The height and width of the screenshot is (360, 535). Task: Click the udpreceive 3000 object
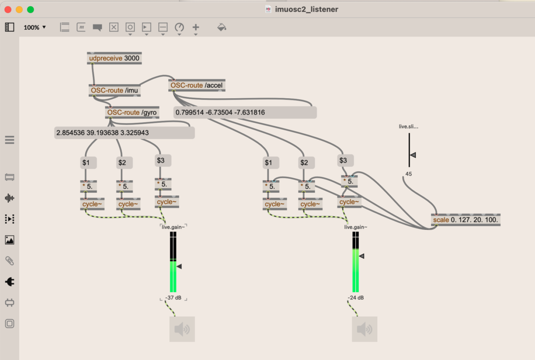(x=114, y=58)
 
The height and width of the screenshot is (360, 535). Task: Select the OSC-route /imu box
(x=114, y=90)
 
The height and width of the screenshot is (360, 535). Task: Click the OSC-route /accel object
(x=197, y=85)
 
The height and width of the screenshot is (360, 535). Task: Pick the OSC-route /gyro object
(x=132, y=112)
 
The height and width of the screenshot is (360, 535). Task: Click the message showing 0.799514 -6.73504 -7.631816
(x=245, y=112)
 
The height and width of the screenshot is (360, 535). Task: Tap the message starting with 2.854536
(x=124, y=133)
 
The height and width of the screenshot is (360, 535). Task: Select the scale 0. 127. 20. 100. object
(x=466, y=220)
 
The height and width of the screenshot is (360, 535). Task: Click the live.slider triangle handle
(x=413, y=155)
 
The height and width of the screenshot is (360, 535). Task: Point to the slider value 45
(x=409, y=174)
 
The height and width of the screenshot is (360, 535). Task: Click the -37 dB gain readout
(x=173, y=297)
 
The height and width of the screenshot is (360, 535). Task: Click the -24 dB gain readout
(x=356, y=297)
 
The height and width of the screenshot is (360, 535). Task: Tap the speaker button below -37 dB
(x=182, y=329)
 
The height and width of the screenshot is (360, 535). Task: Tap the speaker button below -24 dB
(x=365, y=329)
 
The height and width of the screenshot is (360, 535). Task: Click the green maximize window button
(x=30, y=9)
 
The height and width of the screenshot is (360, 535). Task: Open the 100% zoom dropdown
(x=34, y=27)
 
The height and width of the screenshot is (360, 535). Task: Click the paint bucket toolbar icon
(x=222, y=27)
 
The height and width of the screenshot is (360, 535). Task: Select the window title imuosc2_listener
(x=306, y=9)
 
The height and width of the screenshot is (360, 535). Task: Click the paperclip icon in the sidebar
(x=9, y=261)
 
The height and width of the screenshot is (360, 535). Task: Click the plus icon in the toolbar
(x=196, y=27)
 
